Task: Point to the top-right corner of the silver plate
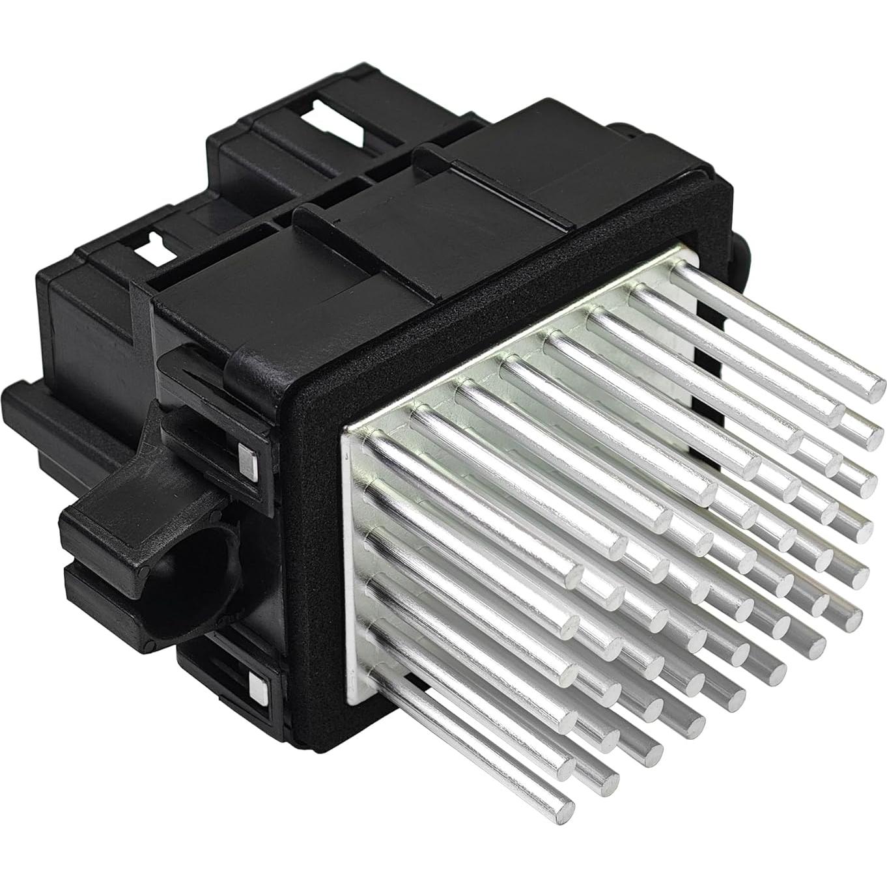683,246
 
